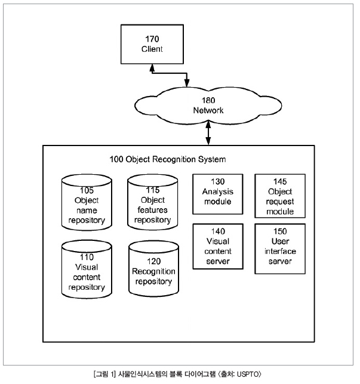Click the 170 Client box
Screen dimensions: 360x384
pyautogui.click(x=152, y=44)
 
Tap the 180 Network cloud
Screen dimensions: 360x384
pyautogui.click(x=208, y=106)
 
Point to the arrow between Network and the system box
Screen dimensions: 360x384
pyautogui.click(x=208, y=133)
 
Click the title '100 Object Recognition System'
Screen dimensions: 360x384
pyautogui.click(x=168, y=159)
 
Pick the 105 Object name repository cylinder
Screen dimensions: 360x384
pyautogui.click(x=87, y=203)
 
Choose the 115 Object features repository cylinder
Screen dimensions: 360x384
pyautogui.click(x=152, y=202)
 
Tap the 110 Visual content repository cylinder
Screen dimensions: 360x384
pyautogui.click(x=87, y=269)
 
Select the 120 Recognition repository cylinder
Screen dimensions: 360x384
pyautogui.click(x=153, y=269)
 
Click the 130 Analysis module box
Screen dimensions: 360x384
pyautogui.click(x=218, y=194)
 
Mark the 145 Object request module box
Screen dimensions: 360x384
pyautogui.click(x=280, y=196)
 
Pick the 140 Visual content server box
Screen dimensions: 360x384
pyautogui.click(x=218, y=246)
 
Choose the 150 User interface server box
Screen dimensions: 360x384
pyautogui.click(x=280, y=249)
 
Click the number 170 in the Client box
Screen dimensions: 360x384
pyautogui.click(x=152, y=39)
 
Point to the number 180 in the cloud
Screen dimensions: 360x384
pyautogui.click(x=208, y=100)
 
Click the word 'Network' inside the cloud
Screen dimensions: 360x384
pyautogui.click(x=208, y=110)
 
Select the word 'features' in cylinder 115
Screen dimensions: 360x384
pyautogui.click(x=152, y=210)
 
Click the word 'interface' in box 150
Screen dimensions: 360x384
pyautogui.click(x=280, y=251)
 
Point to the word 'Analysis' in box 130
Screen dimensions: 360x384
pyautogui.click(x=218, y=192)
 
